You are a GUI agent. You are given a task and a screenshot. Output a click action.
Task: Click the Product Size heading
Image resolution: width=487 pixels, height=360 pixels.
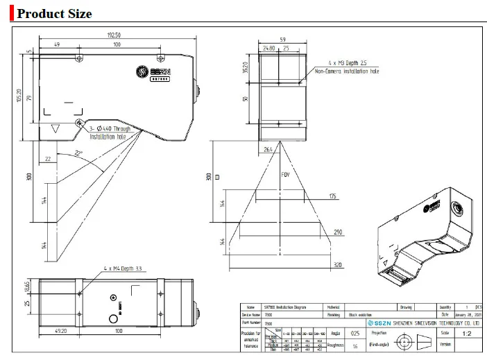[x=55, y=13]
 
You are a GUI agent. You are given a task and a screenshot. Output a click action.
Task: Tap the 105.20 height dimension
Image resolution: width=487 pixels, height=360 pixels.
[x=19, y=94]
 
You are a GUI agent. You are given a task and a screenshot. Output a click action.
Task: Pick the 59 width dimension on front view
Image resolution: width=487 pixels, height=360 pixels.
[x=282, y=40]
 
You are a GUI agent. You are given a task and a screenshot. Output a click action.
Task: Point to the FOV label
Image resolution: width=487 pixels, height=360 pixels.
[x=284, y=175]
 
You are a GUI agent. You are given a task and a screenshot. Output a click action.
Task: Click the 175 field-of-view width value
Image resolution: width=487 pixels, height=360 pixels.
[x=334, y=197]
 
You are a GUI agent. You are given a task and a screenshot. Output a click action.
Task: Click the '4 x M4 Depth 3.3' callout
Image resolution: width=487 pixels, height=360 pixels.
[x=123, y=268]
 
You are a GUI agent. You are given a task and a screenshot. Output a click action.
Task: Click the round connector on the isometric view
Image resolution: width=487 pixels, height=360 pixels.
[x=460, y=206]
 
